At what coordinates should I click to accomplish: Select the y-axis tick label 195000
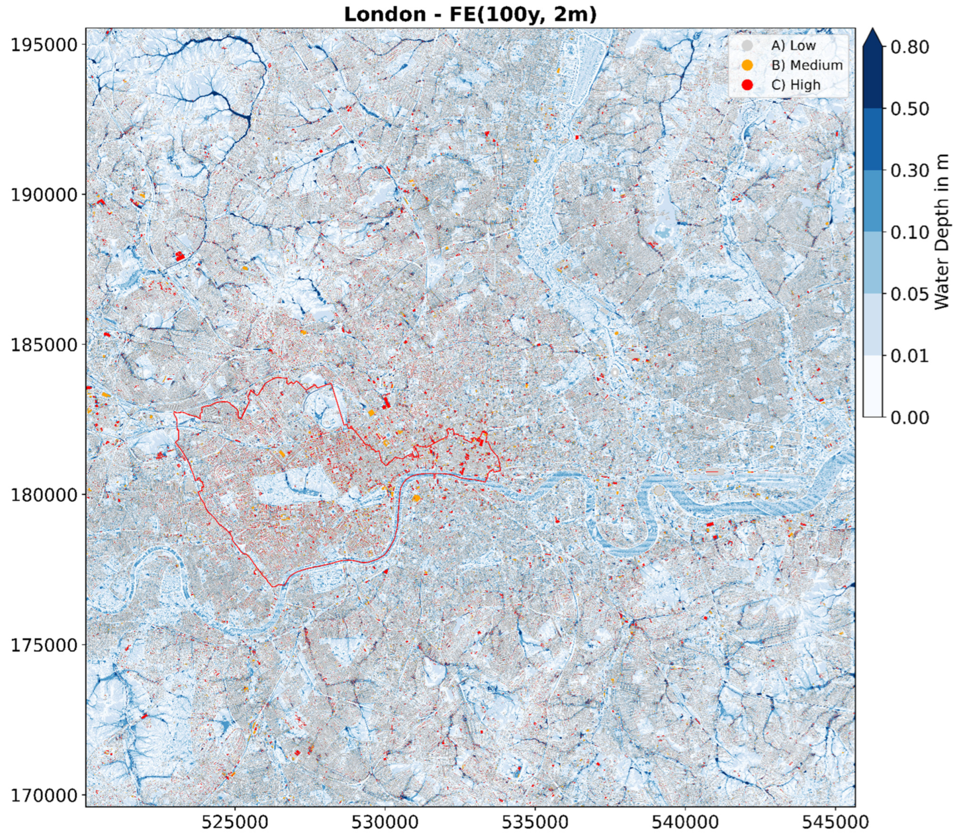pyautogui.click(x=44, y=44)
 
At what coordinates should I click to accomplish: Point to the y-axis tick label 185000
pyautogui.click(x=44, y=345)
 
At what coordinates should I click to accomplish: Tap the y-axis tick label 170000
pyautogui.click(x=44, y=795)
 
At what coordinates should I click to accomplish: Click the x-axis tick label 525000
pyautogui.click(x=235, y=822)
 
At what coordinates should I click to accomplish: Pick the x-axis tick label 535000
pyautogui.click(x=535, y=822)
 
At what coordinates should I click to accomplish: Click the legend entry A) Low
pyautogui.click(x=793, y=45)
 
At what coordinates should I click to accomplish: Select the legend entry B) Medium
pyautogui.click(x=807, y=65)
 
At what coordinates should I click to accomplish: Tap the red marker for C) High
pyautogui.click(x=747, y=85)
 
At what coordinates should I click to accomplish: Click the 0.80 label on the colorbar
pyautogui.click(x=910, y=47)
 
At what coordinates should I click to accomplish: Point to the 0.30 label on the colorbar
pyautogui.click(x=910, y=170)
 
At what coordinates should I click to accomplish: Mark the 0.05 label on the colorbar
pyautogui.click(x=910, y=294)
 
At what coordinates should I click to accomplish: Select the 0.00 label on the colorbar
pyautogui.click(x=910, y=418)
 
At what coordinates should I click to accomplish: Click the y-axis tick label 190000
pyautogui.click(x=44, y=195)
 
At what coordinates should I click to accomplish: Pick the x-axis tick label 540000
pyautogui.click(x=685, y=822)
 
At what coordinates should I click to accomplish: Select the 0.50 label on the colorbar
pyautogui.click(x=910, y=109)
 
